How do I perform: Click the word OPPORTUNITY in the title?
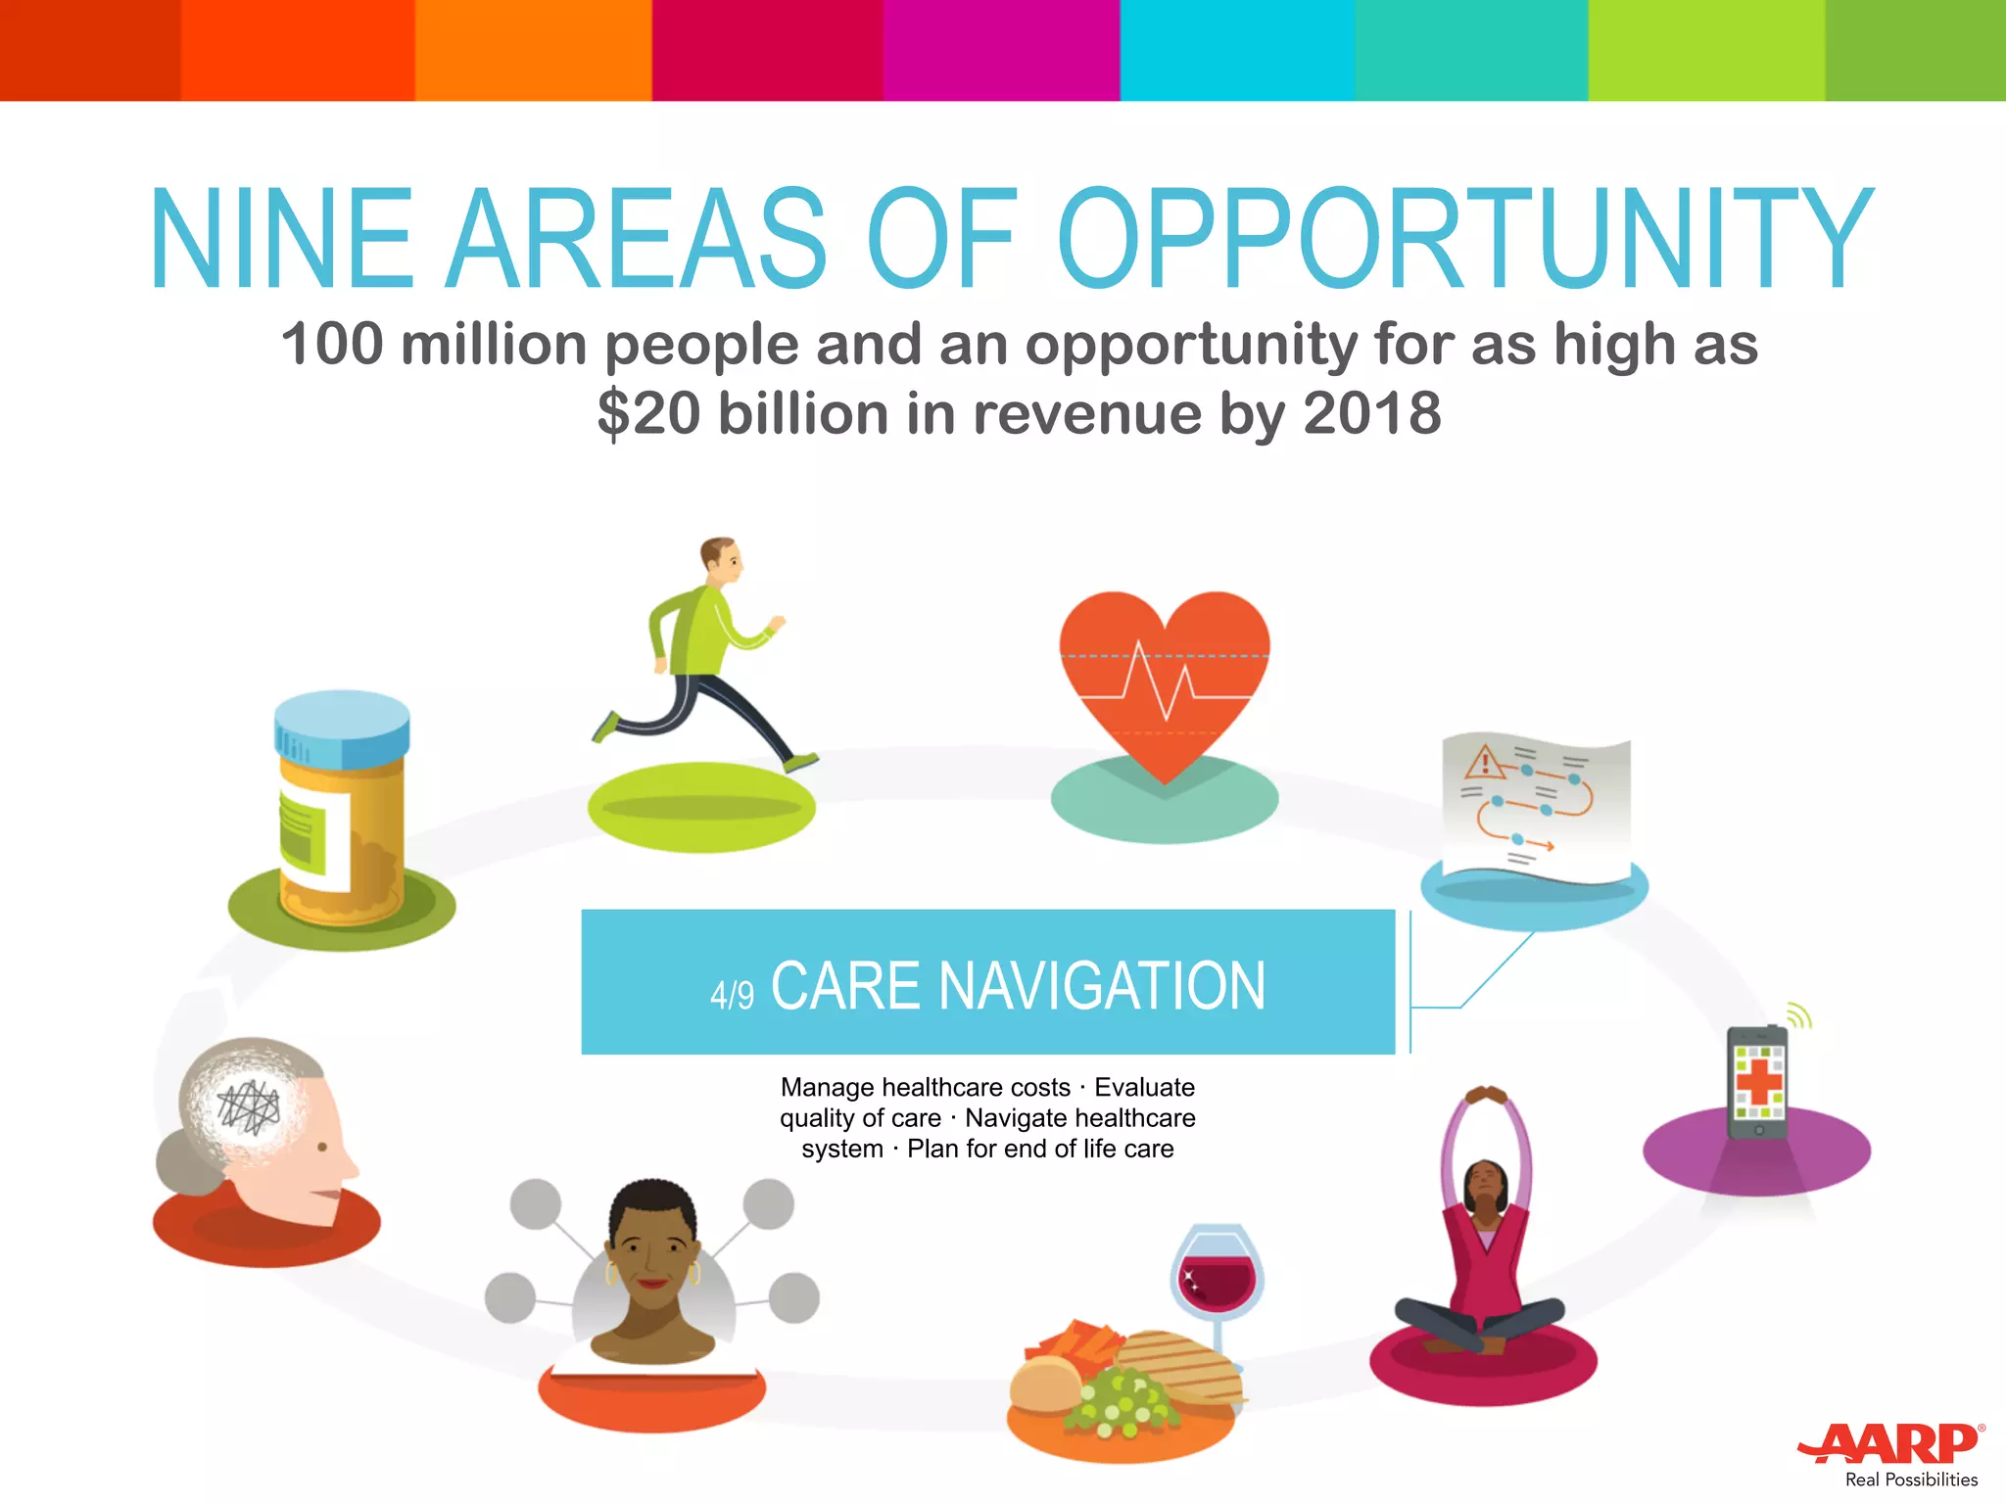(1464, 240)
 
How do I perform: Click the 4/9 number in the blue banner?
(732, 995)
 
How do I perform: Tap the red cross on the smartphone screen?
(1759, 1081)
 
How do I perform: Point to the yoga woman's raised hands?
(1486, 1095)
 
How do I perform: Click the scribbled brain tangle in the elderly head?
(249, 1106)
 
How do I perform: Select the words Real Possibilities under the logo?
(1911, 1480)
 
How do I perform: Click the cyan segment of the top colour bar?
(1236, 49)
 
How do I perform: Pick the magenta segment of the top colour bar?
(1001, 49)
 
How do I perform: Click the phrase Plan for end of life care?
(1040, 1149)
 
